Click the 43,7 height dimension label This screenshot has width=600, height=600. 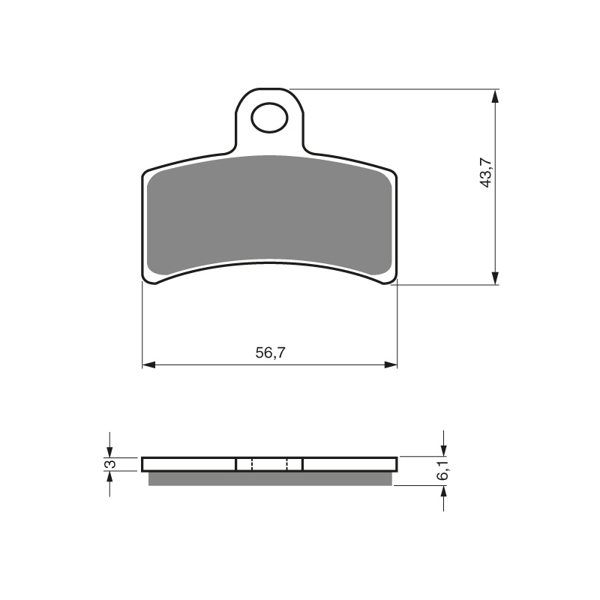487,172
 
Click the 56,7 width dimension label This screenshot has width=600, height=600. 271,352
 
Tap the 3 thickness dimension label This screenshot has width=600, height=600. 110,463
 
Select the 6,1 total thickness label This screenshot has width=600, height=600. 443,471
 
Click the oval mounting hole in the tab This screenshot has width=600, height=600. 269,118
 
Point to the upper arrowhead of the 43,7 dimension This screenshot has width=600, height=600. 495,96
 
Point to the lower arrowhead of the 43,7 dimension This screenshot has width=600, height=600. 495,278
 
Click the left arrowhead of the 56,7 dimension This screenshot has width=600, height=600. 148,364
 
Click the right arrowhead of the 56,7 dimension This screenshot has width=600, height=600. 391,364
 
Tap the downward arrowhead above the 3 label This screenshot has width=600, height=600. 110,451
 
